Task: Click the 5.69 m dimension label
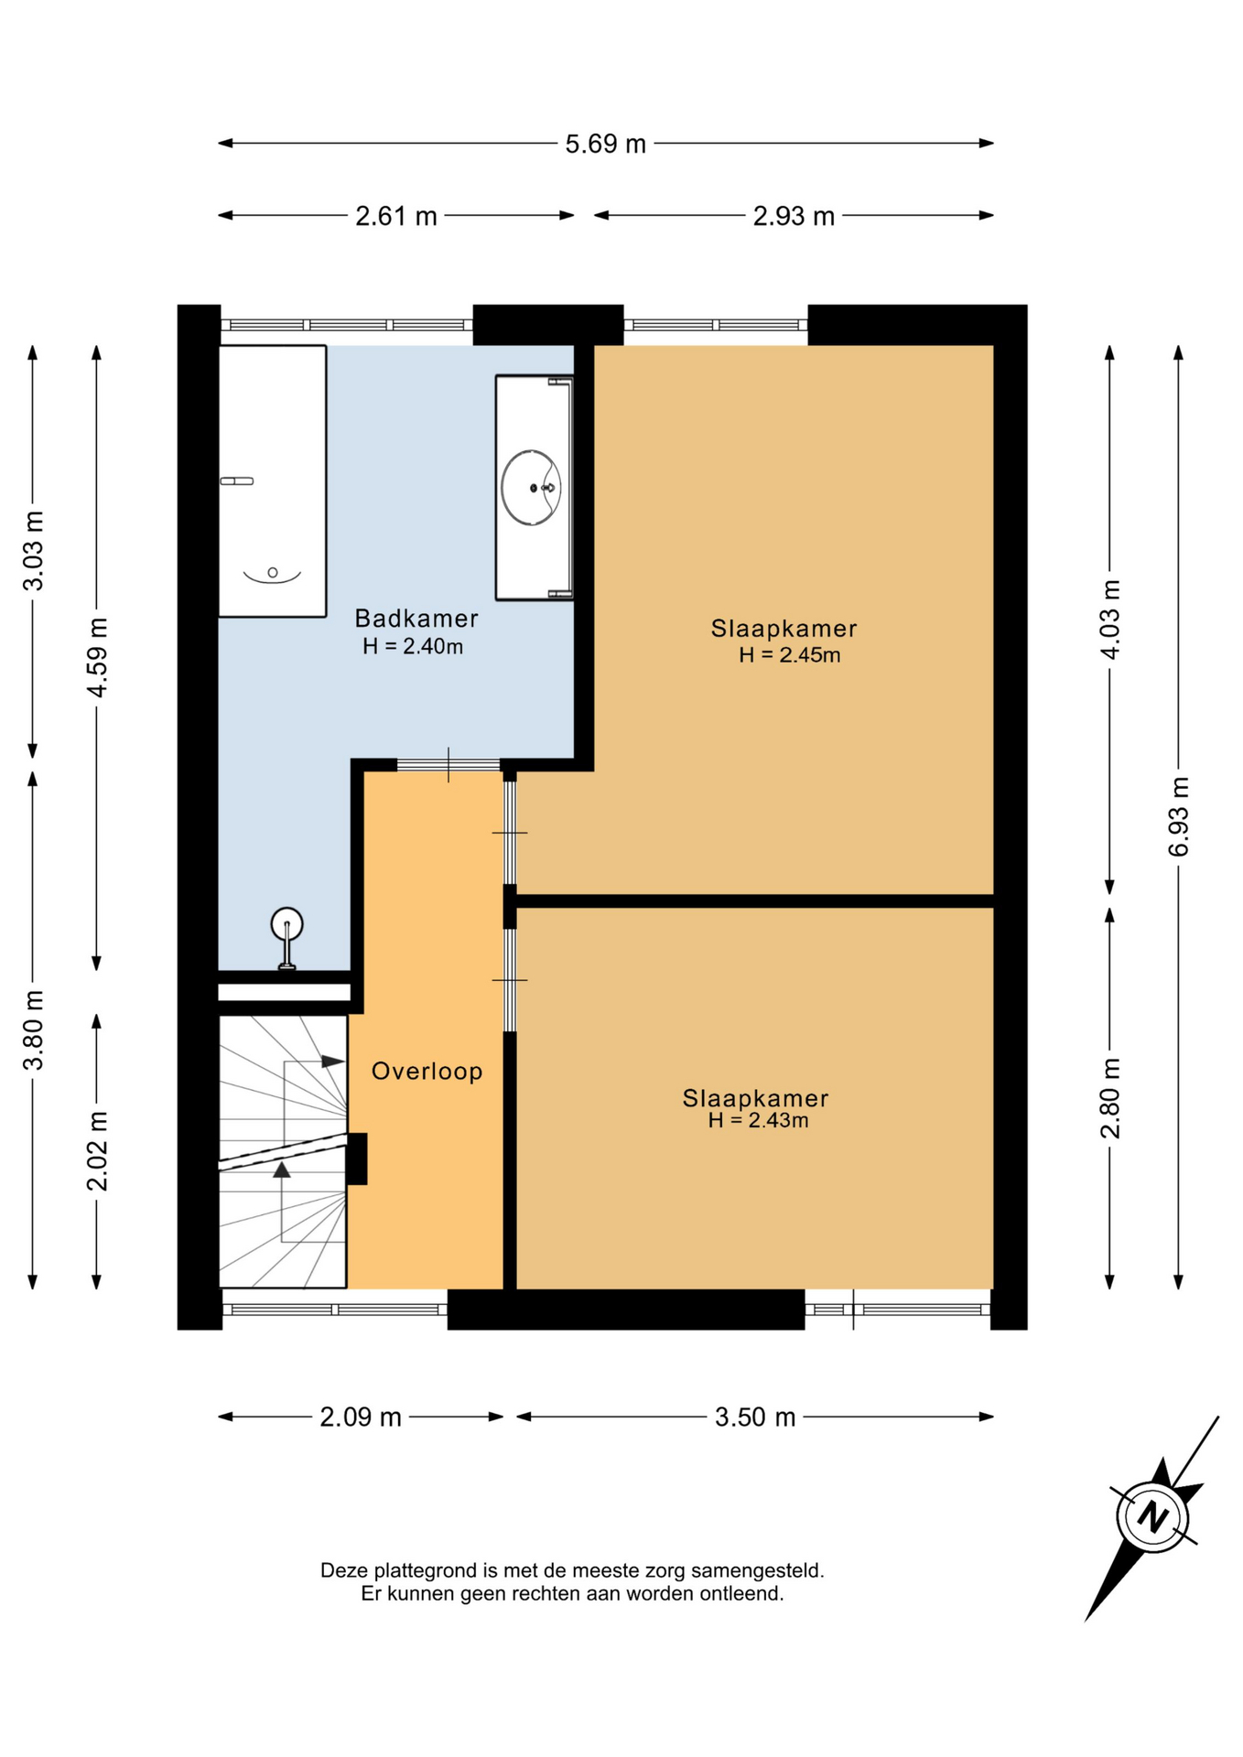(x=605, y=144)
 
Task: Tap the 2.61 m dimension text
(x=396, y=216)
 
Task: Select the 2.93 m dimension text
(x=794, y=216)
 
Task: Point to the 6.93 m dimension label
(x=1179, y=816)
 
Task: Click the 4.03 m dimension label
(x=1110, y=620)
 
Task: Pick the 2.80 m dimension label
(x=1110, y=1098)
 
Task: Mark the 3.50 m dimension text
(x=755, y=1417)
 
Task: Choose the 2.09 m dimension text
(x=361, y=1417)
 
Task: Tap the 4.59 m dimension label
(x=97, y=657)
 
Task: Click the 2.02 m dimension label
(x=97, y=1151)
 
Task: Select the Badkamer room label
(x=416, y=619)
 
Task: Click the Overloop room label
(x=427, y=1071)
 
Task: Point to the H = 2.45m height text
(x=789, y=655)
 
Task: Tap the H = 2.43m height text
(x=758, y=1121)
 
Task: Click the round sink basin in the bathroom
(x=532, y=488)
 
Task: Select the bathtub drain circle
(x=273, y=573)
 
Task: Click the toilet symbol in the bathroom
(x=287, y=937)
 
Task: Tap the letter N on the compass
(x=1152, y=1517)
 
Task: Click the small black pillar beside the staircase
(x=357, y=1159)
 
